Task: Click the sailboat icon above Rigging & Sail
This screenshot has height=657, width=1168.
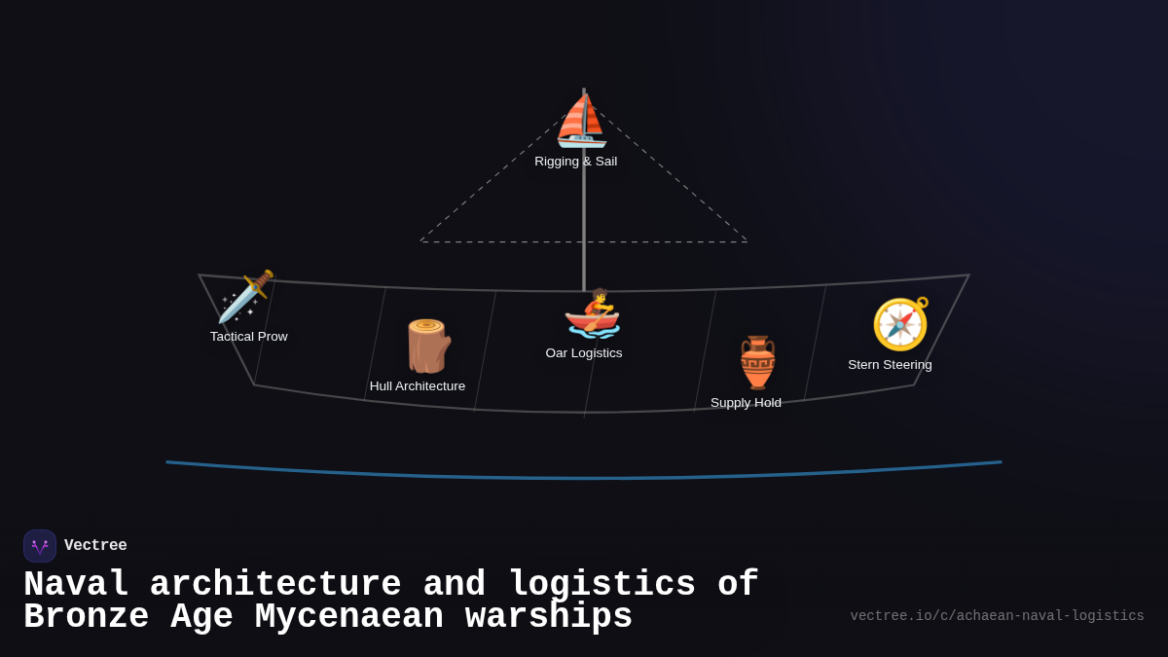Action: [x=581, y=122]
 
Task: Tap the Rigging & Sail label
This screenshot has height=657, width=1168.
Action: [x=575, y=162]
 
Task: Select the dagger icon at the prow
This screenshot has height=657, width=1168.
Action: [x=245, y=297]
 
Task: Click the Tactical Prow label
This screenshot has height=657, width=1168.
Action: [x=248, y=337]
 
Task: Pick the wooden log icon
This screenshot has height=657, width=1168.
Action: [x=427, y=346]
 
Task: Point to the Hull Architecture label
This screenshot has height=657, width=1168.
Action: [x=418, y=386]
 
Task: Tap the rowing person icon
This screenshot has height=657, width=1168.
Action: [x=593, y=313]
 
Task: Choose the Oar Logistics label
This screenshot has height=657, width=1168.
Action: [x=584, y=353]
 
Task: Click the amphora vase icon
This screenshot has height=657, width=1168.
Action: [x=757, y=362]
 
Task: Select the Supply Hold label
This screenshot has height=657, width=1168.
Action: [x=746, y=403]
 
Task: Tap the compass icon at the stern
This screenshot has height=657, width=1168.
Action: [x=900, y=324]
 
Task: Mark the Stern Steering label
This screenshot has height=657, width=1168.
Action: [x=890, y=365]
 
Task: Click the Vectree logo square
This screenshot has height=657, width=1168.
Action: [x=40, y=546]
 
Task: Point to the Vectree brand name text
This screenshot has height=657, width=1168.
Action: [x=95, y=546]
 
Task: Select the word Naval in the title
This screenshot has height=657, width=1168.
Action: [x=76, y=585]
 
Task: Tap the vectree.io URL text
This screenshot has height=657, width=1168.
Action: [x=997, y=616]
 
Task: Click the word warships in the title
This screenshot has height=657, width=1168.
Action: [x=549, y=617]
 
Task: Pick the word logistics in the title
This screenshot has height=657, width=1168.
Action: [x=602, y=585]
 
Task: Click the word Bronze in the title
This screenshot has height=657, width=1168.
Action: [x=87, y=617]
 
